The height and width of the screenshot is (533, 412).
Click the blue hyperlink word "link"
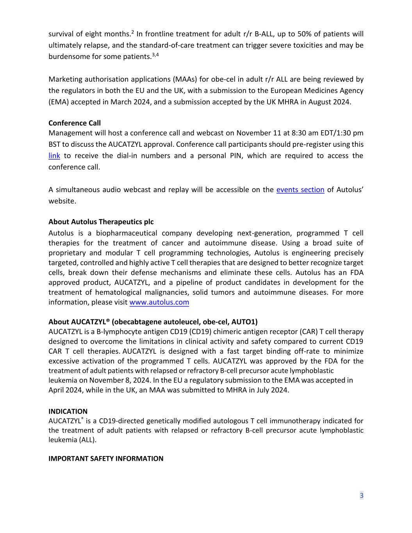point(54,156)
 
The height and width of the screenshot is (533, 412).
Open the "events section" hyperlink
point(300,190)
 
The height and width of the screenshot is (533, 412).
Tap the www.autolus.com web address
point(159,302)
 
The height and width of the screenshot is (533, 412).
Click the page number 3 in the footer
point(362,496)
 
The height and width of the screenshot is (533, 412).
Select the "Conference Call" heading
point(74,123)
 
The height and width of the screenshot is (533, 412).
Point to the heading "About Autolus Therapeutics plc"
point(101,222)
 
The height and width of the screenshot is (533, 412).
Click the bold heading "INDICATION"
point(68,411)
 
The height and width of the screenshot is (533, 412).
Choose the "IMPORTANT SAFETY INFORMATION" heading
point(106,458)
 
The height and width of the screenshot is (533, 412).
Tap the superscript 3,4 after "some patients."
point(155,54)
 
